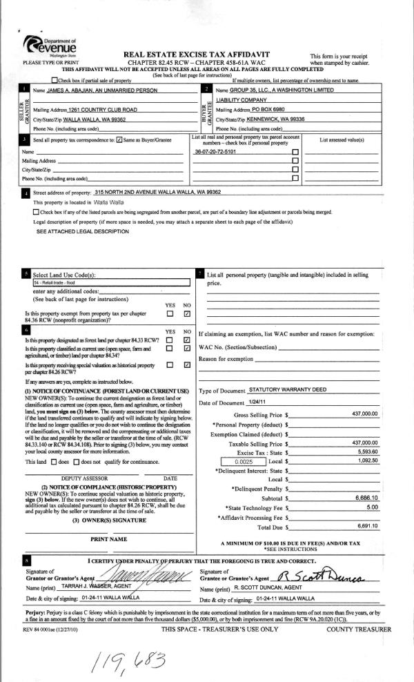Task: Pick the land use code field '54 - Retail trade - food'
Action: click(110, 282)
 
